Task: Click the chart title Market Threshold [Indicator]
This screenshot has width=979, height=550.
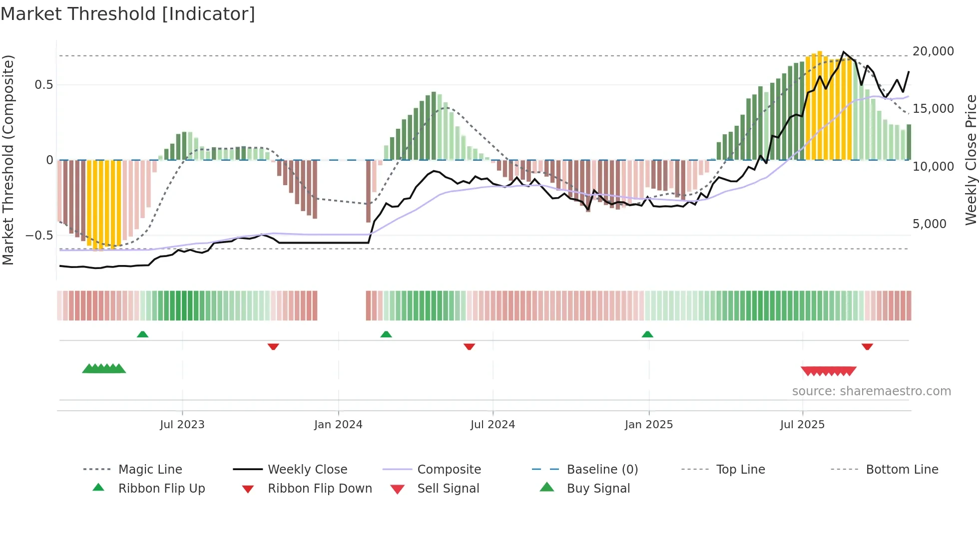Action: pos(128,14)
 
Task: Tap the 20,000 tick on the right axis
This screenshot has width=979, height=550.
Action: pos(933,51)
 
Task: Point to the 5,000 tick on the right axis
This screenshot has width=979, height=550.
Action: pos(929,224)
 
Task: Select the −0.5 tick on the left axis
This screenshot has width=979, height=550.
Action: pos(39,235)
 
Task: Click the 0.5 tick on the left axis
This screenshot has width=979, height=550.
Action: pos(43,85)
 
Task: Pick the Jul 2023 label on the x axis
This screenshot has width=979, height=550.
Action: pos(182,425)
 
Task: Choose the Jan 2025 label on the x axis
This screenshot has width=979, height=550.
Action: pos(648,425)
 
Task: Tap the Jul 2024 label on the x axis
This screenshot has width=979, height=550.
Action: pos(492,425)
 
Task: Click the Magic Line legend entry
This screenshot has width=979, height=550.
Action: pos(150,470)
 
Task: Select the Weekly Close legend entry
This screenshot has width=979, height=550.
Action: pos(307,470)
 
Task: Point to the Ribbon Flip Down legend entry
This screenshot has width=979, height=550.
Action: pos(320,489)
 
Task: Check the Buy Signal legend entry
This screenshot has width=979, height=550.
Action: pos(598,489)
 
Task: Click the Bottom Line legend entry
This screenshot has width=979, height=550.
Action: pos(902,470)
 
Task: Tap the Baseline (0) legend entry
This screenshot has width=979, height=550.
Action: pos(602,470)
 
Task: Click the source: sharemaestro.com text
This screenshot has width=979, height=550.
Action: pos(871,391)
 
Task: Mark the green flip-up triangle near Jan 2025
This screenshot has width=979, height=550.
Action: pos(647,334)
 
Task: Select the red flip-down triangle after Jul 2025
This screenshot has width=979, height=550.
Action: pos(867,346)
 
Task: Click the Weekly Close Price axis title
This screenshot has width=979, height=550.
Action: pos(971,160)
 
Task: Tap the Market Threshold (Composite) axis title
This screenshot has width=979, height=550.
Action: pos(8,160)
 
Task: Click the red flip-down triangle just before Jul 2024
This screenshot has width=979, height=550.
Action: pos(469,346)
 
